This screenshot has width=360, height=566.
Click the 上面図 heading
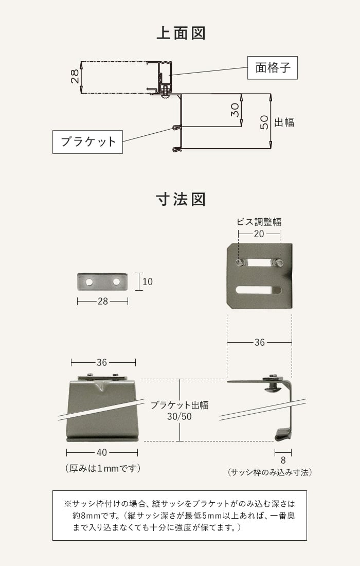(x=181, y=34)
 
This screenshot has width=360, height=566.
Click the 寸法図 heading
(x=181, y=199)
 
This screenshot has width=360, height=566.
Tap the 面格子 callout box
(x=272, y=67)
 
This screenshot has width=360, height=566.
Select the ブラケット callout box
(x=88, y=141)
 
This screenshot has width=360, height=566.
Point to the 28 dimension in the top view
(x=75, y=77)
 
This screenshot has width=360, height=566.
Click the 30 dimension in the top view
(x=235, y=110)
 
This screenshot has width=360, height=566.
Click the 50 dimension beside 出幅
(x=264, y=121)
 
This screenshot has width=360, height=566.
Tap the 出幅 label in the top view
(x=284, y=122)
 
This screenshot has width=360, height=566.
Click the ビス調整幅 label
(x=259, y=222)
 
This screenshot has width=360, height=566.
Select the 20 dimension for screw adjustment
(x=259, y=234)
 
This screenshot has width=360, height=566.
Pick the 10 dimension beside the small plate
(x=148, y=282)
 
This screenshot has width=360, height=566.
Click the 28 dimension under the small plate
(x=103, y=301)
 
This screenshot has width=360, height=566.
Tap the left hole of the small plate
(x=90, y=282)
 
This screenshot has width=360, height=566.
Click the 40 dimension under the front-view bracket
(x=102, y=453)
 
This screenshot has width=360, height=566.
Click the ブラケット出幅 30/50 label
(x=179, y=411)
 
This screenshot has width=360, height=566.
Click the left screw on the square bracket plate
(x=240, y=262)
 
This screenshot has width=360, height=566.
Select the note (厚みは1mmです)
(x=103, y=468)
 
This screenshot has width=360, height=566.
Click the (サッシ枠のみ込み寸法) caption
(x=269, y=472)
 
